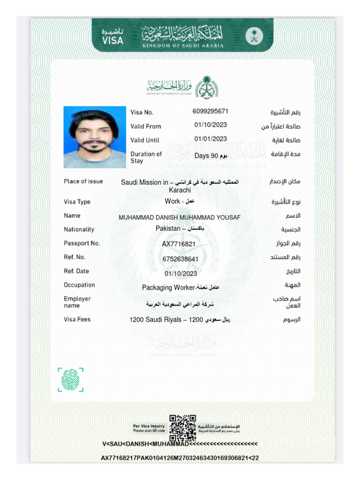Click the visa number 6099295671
point(210,112)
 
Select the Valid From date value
point(210,125)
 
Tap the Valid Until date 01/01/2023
point(210,139)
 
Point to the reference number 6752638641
point(180,259)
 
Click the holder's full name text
point(180,217)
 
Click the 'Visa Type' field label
point(77,202)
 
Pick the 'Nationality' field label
point(79,230)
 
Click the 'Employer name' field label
point(77,302)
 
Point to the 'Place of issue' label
point(83,181)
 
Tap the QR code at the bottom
point(182,427)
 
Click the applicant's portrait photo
point(95,137)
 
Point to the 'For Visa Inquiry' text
point(149,426)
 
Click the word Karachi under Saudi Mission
point(180,190)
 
